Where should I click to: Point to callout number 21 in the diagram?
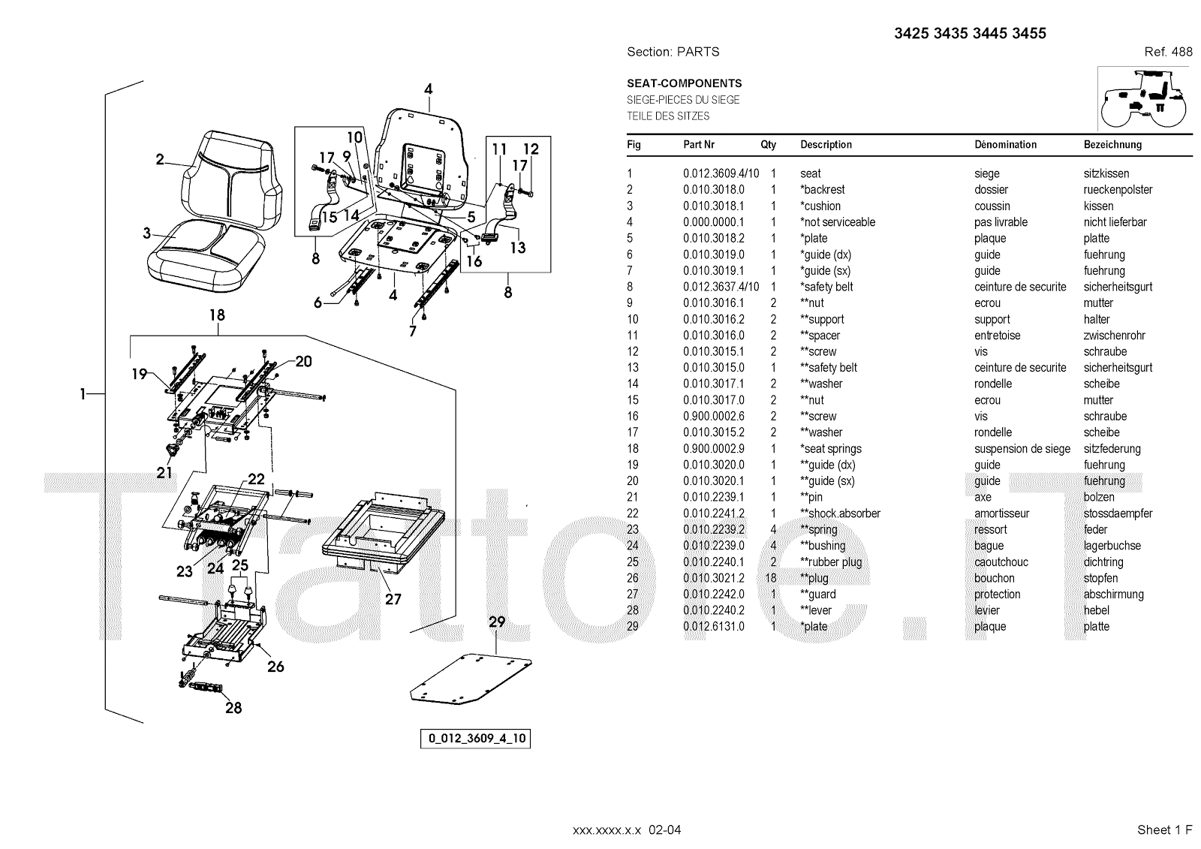[x=164, y=472]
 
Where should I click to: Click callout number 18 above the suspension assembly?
[x=217, y=315]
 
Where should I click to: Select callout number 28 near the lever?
[x=233, y=707]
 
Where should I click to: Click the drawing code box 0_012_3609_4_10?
[x=476, y=738]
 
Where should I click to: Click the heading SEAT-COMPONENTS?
[x=684, y=83]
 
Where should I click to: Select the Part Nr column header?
[x=698, y=144]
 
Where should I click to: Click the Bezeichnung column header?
[x=1112, y=144]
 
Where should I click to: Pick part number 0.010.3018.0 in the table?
[x=713, y=190]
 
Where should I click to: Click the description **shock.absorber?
[x=840, y=513]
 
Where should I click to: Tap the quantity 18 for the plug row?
[x=771, y=578]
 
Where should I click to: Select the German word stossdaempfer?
[x=1118, y=513]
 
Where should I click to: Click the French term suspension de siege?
[x=1022, y=449]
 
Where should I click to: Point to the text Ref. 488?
[x=1168, y=52]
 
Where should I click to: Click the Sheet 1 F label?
[x=1164, y=829]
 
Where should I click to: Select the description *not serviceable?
[x=838, y=222]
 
